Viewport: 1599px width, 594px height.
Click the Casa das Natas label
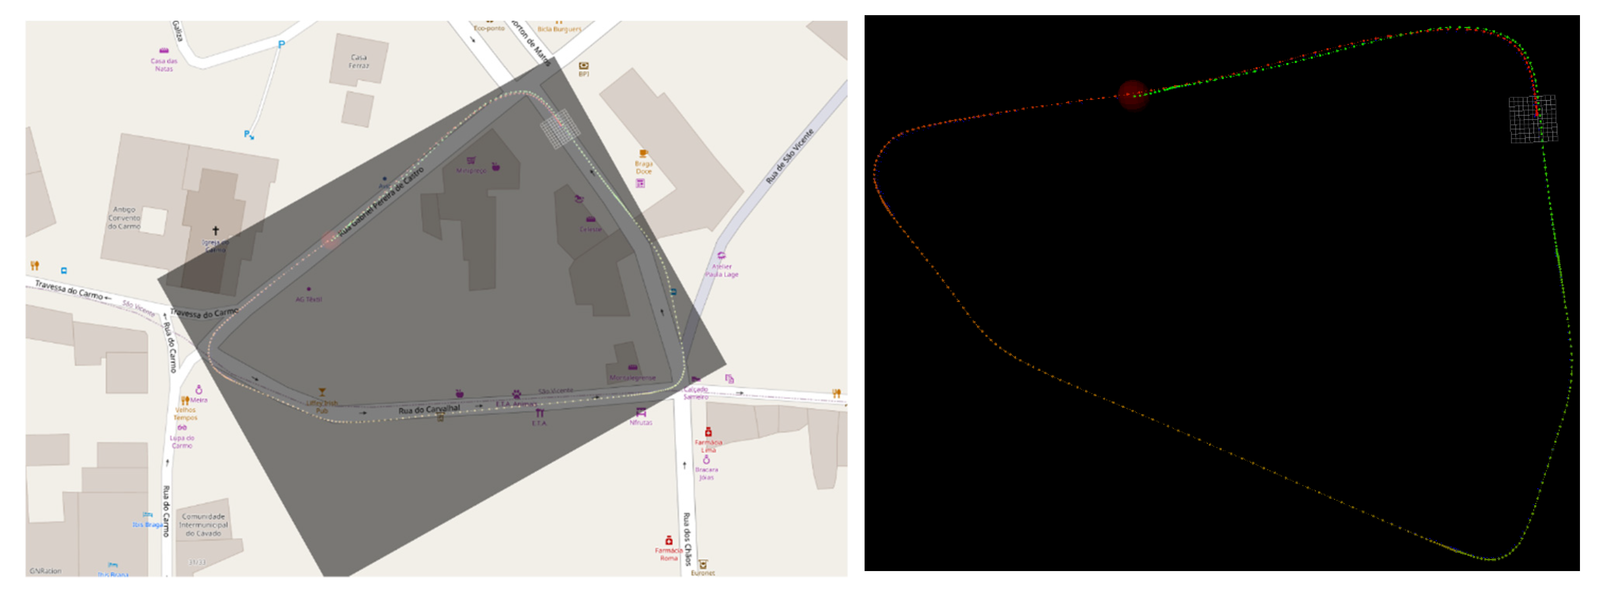[164, 65]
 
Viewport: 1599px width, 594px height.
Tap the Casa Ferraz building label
[359, 61]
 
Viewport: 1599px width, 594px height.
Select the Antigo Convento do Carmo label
[124, 218]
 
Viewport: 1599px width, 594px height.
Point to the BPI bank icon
[584, 66]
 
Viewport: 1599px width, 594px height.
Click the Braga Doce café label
[644, 168]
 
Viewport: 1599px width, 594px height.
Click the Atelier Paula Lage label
[721, 271]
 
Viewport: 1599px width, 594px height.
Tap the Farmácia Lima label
[708, 445]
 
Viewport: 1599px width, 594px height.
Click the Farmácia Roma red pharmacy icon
[668, 541]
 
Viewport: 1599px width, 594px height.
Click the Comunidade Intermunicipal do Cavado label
[204, 524]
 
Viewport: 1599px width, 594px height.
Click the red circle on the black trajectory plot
[1133, 95]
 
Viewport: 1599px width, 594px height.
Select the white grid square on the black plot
[1533, 119]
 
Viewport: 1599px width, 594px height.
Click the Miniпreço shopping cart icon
[471, 160]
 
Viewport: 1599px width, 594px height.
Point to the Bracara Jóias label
[706, 473]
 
